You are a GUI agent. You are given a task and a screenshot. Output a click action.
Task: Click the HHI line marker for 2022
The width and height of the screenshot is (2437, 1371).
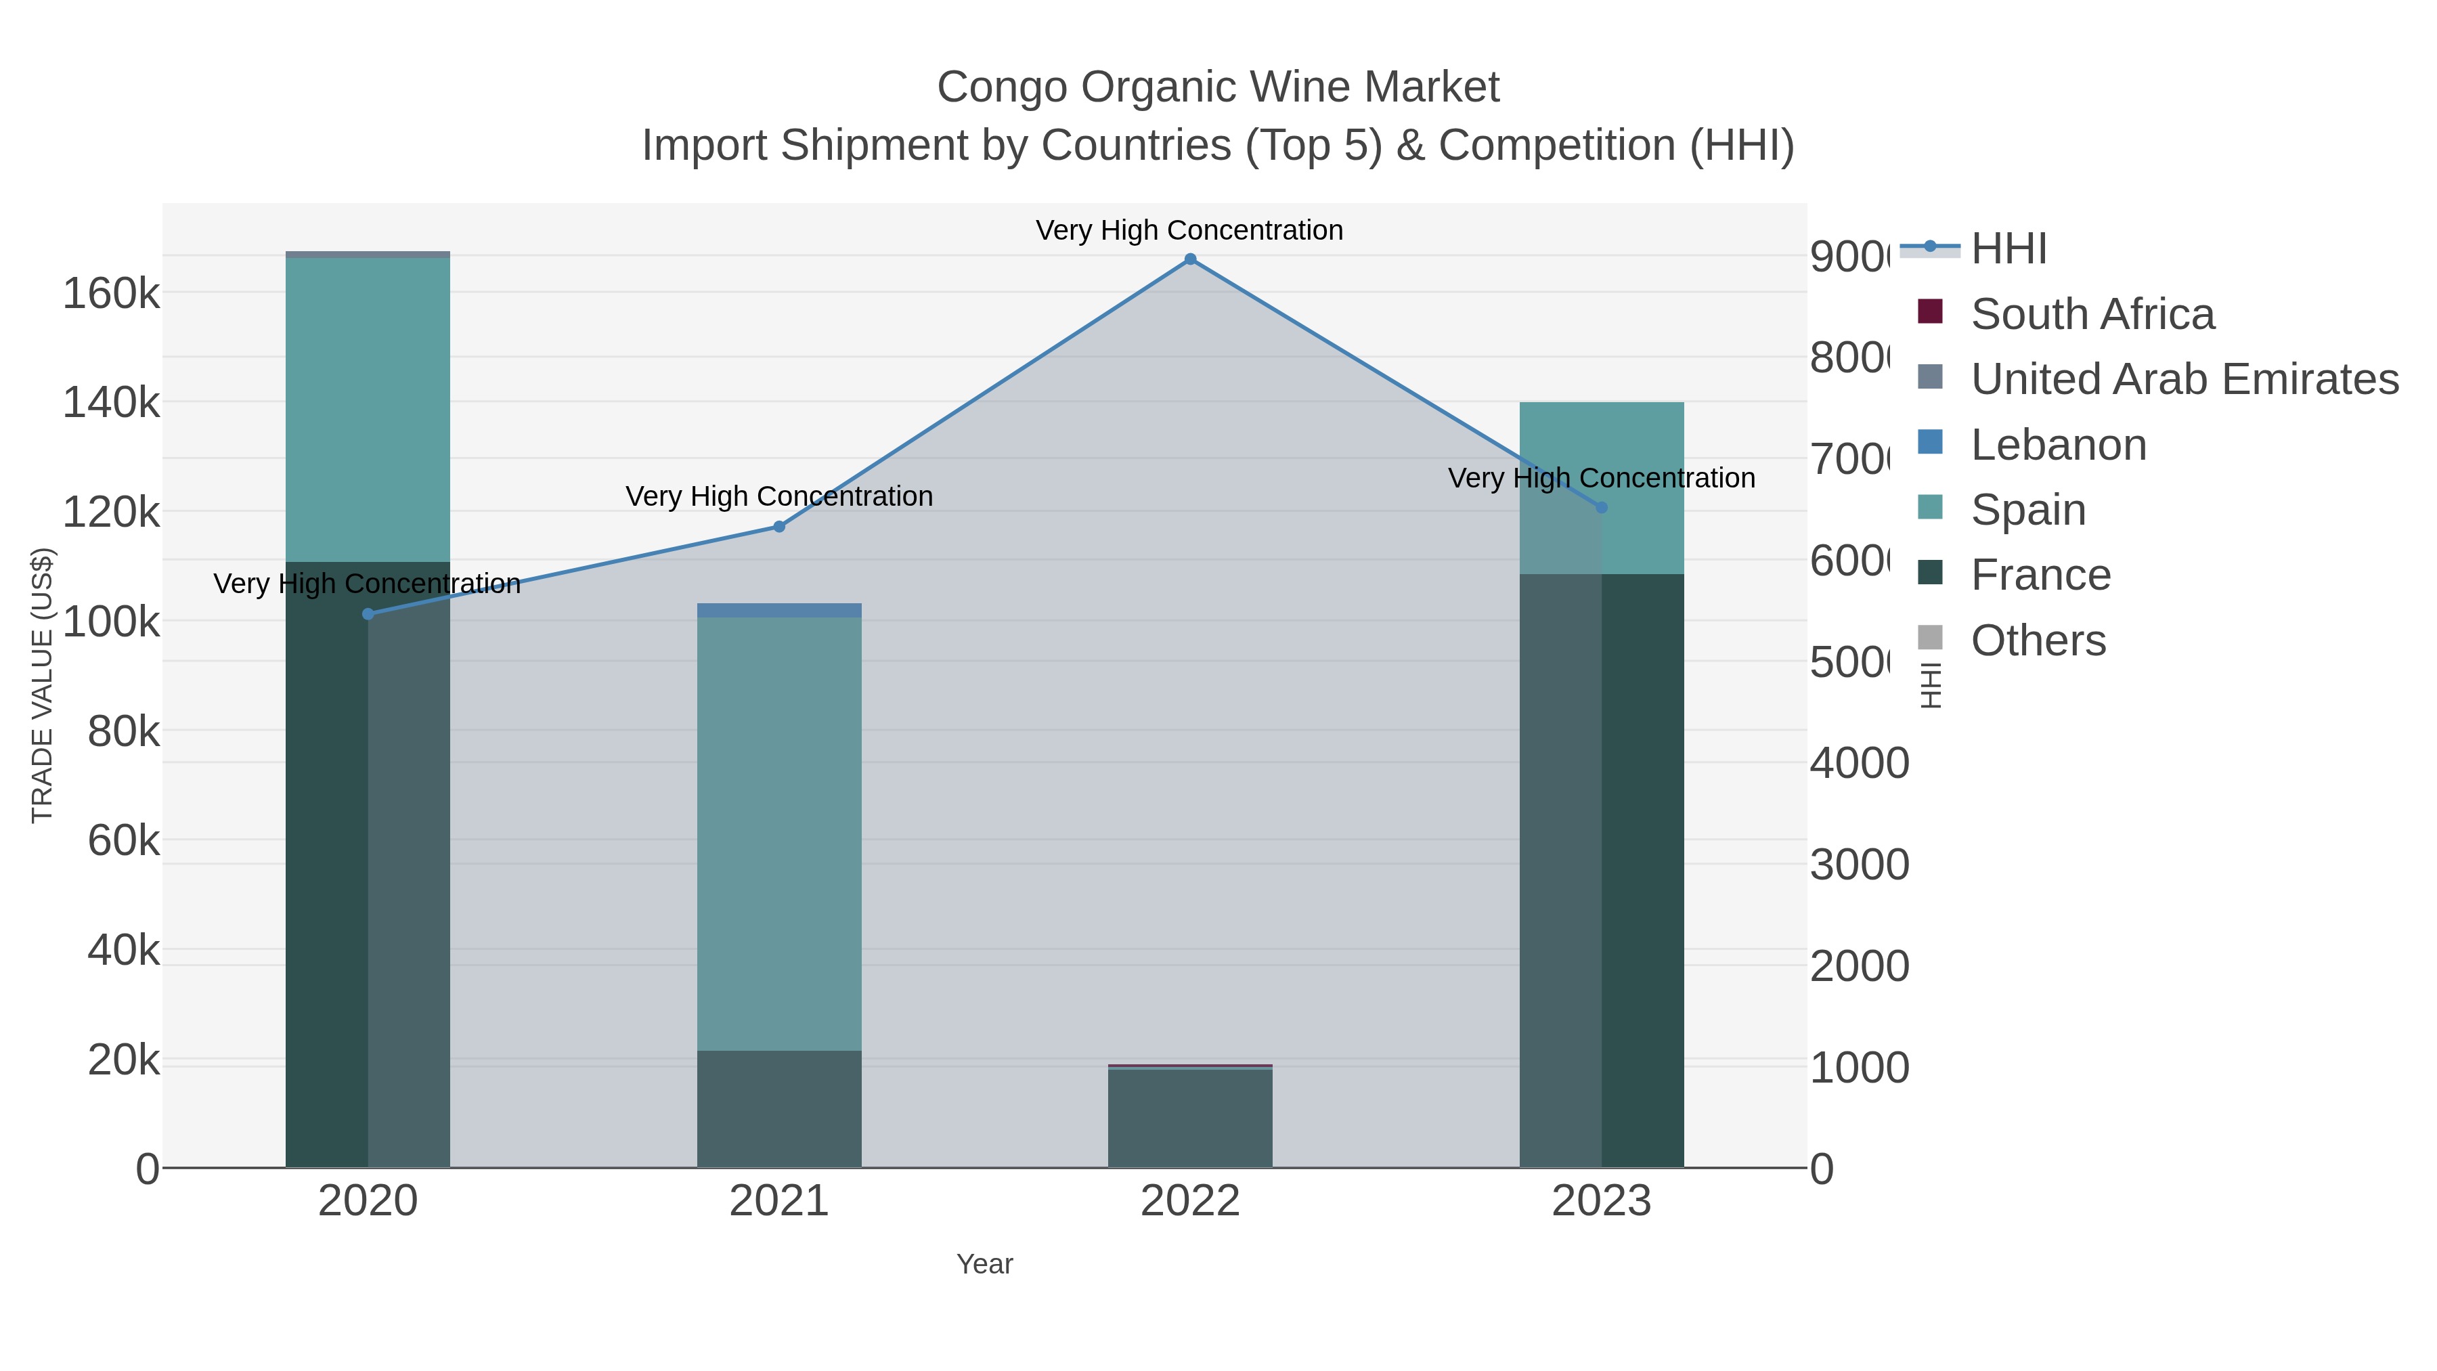pyautogui.click(x=1190, y=259)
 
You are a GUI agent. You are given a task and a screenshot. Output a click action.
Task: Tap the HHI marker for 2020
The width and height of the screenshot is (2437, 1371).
pyautogui.click(x=368, y=614)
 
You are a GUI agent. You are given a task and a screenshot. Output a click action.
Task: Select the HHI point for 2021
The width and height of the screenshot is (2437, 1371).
pyautogui.click(x=780, y=527)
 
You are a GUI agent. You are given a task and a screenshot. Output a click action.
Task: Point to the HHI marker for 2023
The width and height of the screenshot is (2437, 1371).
pyautogui.click(x=1602, y=508)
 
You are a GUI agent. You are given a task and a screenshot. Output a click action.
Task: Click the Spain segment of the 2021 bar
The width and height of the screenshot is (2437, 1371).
pyautogui.click(x=780, y=833)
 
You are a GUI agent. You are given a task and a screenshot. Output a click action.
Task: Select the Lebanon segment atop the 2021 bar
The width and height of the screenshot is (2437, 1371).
pyautogui.click(x=780, y=610)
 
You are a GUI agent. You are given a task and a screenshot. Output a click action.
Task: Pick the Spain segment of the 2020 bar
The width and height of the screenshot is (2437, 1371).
pyautogui.click(x=368, y=409)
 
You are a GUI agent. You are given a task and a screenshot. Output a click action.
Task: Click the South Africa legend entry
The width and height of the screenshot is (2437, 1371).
pyautogui.click(x=2091, y=314)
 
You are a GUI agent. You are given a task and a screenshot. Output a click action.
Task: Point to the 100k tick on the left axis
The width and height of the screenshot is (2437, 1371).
pyautogui.click(x=112, y=622)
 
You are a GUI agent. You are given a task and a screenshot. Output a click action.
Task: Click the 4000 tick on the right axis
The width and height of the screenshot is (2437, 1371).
pyautogui.click(x=1859, y=764)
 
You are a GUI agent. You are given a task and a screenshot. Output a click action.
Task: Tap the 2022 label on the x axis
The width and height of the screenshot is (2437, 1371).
pyautogui.click(x=1190, y=1202)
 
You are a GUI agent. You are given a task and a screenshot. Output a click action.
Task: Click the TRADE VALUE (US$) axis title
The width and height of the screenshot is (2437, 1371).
pyautogui.click(x=43, y=685)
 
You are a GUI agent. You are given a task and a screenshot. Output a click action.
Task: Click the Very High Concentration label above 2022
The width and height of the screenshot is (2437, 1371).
pyautogui.click(x=1189, y=230)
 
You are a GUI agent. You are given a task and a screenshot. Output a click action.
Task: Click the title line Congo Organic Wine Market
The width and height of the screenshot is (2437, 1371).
pyautogui.click(x=1218, y=87)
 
